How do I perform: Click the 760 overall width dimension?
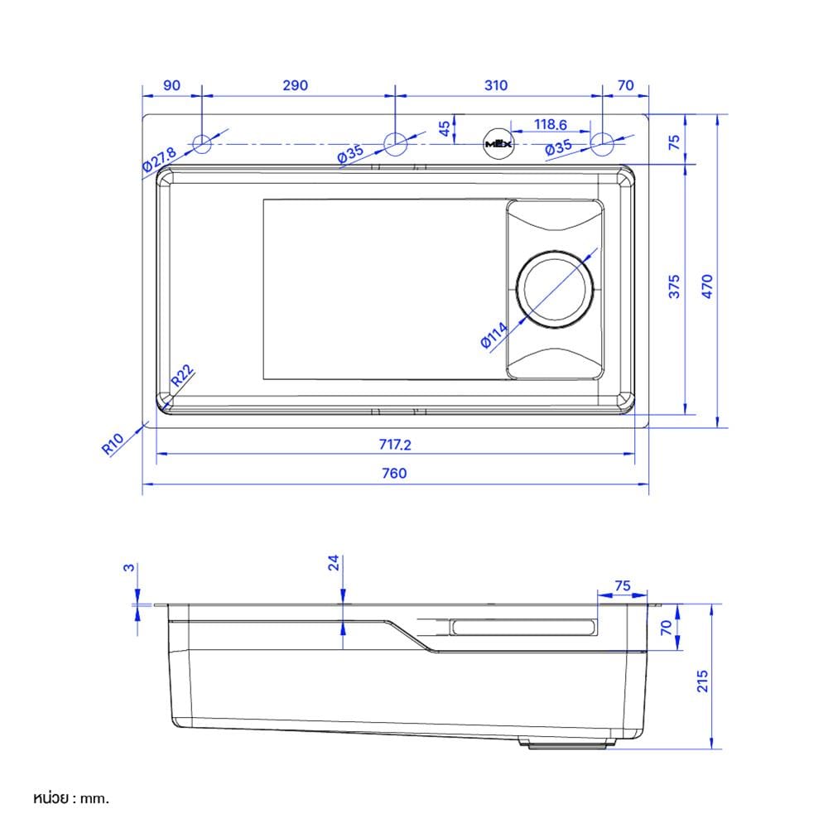[394, 473]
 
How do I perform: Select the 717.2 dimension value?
[394, 445]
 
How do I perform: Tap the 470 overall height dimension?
[707, 286]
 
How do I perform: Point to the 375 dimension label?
[674, 286]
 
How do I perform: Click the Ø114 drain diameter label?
[493, 335]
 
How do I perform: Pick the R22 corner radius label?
[182, 374]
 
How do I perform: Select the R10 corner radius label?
[113, 444]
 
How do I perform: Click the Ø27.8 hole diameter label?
[159, 159]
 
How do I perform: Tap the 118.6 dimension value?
[551, 124]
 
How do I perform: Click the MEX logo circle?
[498, 143]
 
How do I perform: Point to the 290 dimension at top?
[296, 85]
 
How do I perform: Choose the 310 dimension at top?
[496, 85]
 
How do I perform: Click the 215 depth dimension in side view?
[702, 681]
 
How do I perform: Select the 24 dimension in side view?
[334, 563]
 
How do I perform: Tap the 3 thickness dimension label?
[128, 568]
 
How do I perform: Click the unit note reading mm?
[95, 798]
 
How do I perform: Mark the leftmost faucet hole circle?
[202, 143]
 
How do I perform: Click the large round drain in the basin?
[555, 290]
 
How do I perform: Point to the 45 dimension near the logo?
[444, 128]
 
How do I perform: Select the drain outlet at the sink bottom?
[567, 743]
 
